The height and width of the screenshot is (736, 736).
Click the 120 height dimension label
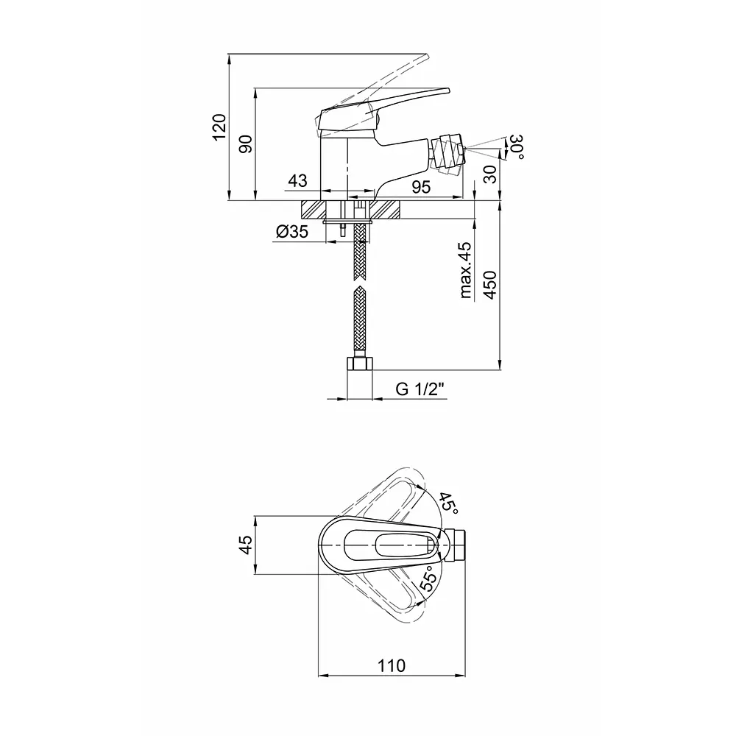click(219, 127)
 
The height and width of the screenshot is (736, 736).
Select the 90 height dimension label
click(246, 144)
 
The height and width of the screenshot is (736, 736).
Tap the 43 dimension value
click(297, 180)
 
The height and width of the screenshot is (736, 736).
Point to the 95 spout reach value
click(421, 187)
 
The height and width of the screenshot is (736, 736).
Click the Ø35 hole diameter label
click(292, 231)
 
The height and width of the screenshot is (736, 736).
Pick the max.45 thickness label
click(466, 270)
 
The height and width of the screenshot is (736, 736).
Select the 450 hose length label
click(490, 284)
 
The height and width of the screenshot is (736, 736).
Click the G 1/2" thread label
click(420, 389)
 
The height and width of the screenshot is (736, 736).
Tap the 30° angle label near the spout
click(517, 146)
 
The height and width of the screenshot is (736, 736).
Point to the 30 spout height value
click(489, 174)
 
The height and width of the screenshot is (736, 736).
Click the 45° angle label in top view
click(447, 503)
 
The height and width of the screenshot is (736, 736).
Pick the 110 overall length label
click(392, 665)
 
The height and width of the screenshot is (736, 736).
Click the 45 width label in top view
click(246, 545)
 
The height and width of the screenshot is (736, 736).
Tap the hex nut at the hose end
click(360, 364)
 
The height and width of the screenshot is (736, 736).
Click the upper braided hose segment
click(360, 252)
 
